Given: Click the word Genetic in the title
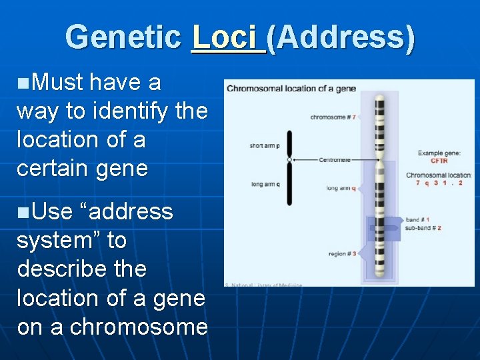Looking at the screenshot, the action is (124, 37).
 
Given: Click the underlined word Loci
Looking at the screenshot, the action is (227, 37).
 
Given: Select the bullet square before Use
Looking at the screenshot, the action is (23, 213).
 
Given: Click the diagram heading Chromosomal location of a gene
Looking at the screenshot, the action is (291, 89).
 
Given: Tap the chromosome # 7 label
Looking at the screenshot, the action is (333, 117).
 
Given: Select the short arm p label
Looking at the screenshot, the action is (265, 145).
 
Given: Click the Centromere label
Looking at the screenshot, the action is (334, 160).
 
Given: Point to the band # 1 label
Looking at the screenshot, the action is (417, 220).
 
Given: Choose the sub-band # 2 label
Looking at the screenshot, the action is (423, 228).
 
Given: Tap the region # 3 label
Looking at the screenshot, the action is (342, 254).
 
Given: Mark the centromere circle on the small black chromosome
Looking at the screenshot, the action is (289, 160).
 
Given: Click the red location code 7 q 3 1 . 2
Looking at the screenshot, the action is (439, 183).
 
